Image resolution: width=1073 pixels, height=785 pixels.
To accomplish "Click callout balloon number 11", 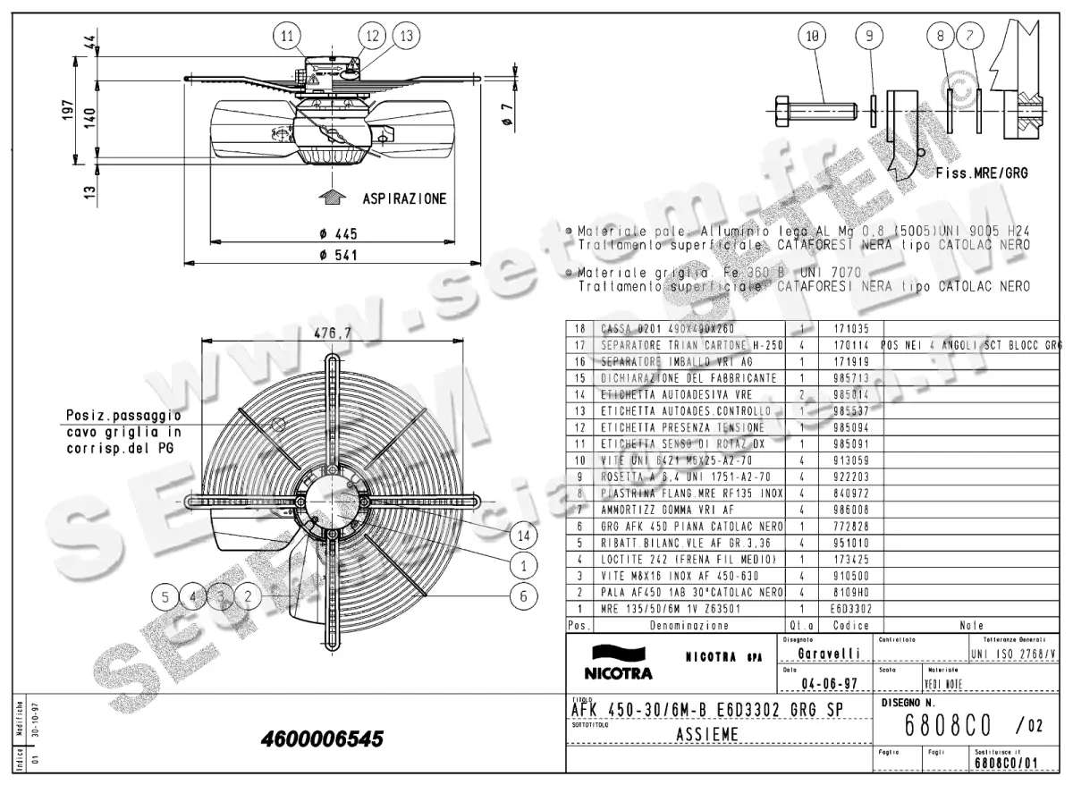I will coord(286,36).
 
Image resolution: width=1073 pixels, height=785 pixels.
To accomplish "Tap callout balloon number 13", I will coord(406,36).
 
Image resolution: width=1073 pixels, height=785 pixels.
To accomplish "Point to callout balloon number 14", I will coord(523,536).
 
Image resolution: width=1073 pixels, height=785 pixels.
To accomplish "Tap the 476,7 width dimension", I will coord(332,333).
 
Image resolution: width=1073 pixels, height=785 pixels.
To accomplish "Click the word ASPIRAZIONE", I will coord(404,198).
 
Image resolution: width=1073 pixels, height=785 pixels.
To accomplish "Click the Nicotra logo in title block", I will coord(618,662).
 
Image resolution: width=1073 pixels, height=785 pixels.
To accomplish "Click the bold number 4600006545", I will coord(322,739).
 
